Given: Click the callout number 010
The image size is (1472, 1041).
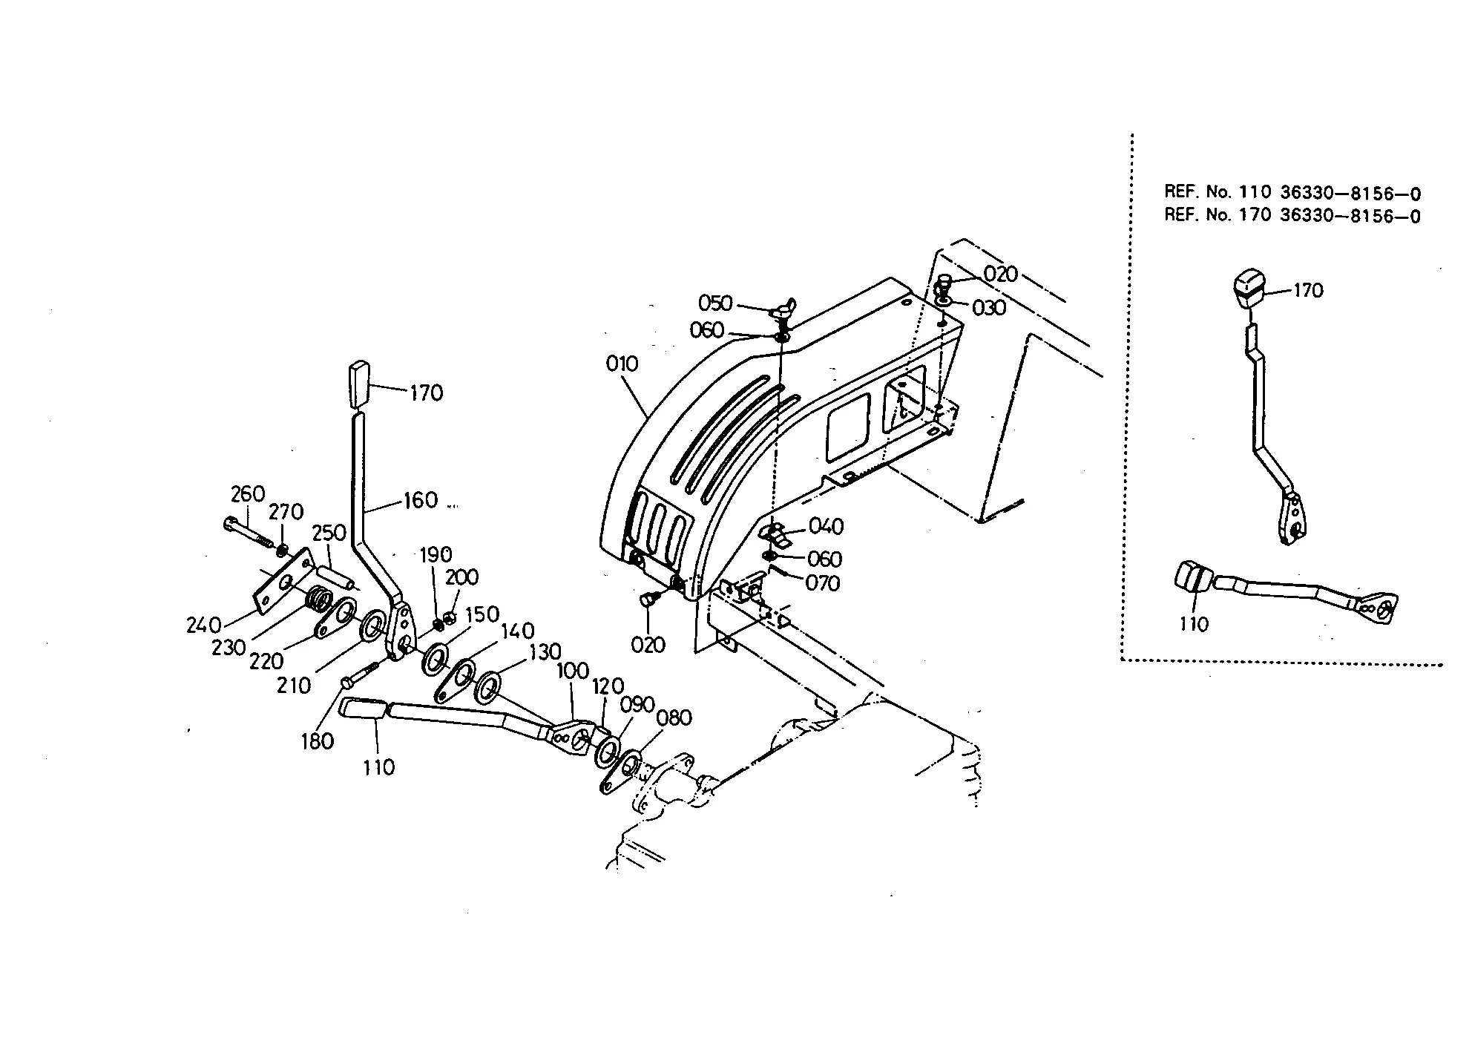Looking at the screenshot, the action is (x=622, y=364).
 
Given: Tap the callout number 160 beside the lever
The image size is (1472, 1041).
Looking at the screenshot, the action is (x=421, y=501).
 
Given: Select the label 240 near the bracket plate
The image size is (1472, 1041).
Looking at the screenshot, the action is (x=203, y=625).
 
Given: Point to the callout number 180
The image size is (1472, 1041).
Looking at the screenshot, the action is (x=317, y=741).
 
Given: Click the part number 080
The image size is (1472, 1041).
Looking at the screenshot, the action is (x=674, y=718).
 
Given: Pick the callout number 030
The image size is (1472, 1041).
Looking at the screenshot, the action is (x=989, y=308).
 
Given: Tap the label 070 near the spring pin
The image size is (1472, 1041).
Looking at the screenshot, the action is (x=823, y=584).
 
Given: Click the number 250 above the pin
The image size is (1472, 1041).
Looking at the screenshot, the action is (x=329, y=533).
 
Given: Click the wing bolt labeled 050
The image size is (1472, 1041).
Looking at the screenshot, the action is (x=783, y=307).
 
